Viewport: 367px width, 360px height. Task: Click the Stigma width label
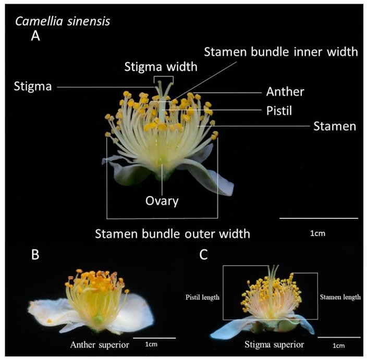click(161, 66)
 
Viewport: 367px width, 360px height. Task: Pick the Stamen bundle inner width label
click(281, 52)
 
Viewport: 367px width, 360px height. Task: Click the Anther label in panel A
click(285, 92)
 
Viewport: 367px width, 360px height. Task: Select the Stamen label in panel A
click(334, 126)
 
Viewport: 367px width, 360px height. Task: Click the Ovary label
click(162, 200)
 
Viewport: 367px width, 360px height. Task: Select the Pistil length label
click(202, 297)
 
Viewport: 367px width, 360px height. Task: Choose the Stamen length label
click(339, 297)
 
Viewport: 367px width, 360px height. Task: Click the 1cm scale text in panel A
click(317, 233)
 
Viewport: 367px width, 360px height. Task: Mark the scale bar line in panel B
click(154, 338)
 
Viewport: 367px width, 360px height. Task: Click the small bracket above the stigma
click(164, 79)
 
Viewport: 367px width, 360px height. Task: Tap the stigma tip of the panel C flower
click(271, 268)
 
